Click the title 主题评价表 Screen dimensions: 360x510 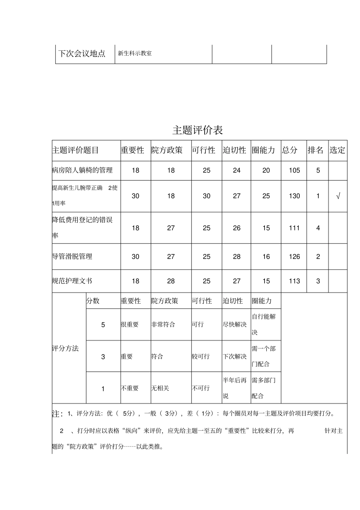[197, 130]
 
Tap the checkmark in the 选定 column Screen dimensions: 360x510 [338, 196]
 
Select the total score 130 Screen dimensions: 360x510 [294, 196]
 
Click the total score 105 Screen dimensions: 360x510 [294, 170]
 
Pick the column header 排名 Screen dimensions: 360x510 [315, 150]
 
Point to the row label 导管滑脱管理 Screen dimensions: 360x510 [72, 257]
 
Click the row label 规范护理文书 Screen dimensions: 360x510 [72, 281]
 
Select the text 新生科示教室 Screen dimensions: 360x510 [135, 53]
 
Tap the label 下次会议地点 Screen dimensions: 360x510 [81, 53]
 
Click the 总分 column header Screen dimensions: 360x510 [290, 150]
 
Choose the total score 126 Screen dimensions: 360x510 [294, 257]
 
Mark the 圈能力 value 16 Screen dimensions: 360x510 [266, 257]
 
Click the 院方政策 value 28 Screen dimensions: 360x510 [171, 281]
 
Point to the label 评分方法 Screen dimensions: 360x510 [65, 348]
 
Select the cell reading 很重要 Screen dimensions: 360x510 [130, 325]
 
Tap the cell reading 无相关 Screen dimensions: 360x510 [160, 388]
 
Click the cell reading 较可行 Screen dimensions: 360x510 [200, 356]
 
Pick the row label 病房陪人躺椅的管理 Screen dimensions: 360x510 [82, 170]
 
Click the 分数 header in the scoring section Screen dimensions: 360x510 [93, 301]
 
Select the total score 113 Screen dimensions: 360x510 [294, 281]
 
